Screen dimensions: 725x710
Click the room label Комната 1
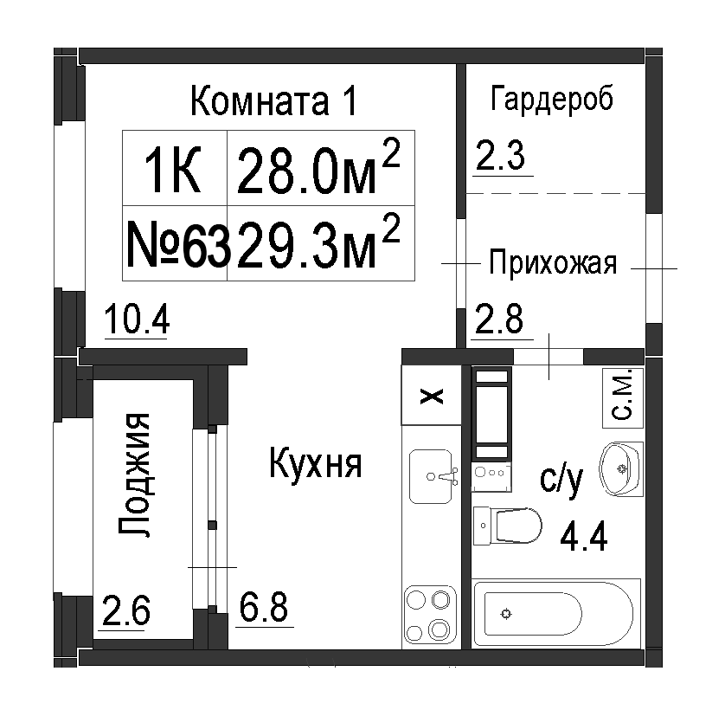click(273, 100)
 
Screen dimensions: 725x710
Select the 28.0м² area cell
click(321, 168)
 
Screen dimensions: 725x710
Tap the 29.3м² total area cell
click(321, 243)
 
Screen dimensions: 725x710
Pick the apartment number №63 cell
click(175, 243)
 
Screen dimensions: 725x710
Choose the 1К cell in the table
click(175, 168)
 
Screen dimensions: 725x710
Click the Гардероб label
click(552, 99)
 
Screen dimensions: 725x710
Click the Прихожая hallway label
click(553, 263)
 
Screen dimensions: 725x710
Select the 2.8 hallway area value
click(499, 319)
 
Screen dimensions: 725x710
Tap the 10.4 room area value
click(137, 319)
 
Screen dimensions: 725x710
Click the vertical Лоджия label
click(134, 474)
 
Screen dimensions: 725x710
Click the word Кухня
click(316, 463)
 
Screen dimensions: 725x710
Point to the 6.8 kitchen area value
click(264, 607)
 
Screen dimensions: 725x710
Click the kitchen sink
click(431, 476)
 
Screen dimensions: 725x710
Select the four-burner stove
click(430, 614)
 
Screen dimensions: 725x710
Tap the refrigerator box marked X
click(431, 395)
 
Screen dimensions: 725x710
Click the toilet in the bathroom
click(507, 526)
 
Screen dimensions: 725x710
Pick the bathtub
click(555, 613)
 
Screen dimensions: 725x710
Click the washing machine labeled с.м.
click(623, 397)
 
